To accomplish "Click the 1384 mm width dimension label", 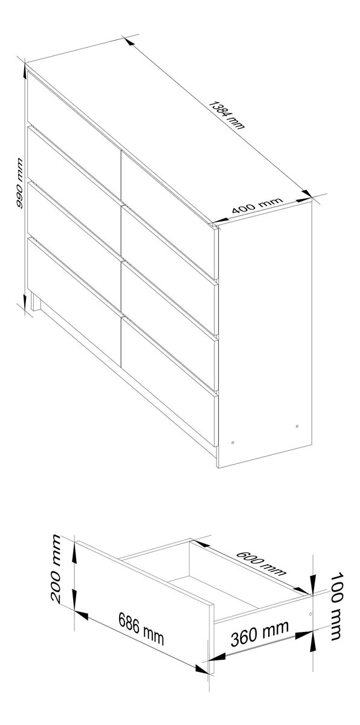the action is (226, 115).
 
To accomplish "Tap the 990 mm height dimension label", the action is (19, 183).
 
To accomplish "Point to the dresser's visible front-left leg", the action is (36, 301).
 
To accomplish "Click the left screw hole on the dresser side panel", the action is (233, 442).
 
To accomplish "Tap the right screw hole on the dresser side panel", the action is (297, 426).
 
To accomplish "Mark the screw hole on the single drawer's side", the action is (310, 614).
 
